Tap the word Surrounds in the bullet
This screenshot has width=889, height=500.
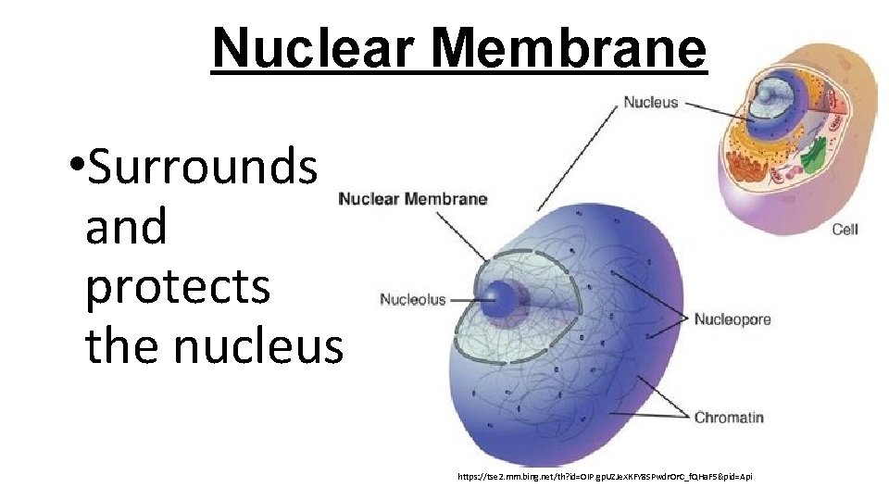click(201, 167)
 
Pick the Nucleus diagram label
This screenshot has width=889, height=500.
click(650, 102)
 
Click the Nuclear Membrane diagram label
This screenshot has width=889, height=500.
click(412, 198)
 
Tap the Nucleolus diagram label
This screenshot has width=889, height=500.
click(412, 299)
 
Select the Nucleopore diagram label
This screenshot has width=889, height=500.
click(732, 319)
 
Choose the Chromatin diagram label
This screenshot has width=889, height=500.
click(729, 417)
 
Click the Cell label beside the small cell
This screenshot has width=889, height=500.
click(845, 229)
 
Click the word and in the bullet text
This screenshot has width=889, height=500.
click(126, 227)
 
